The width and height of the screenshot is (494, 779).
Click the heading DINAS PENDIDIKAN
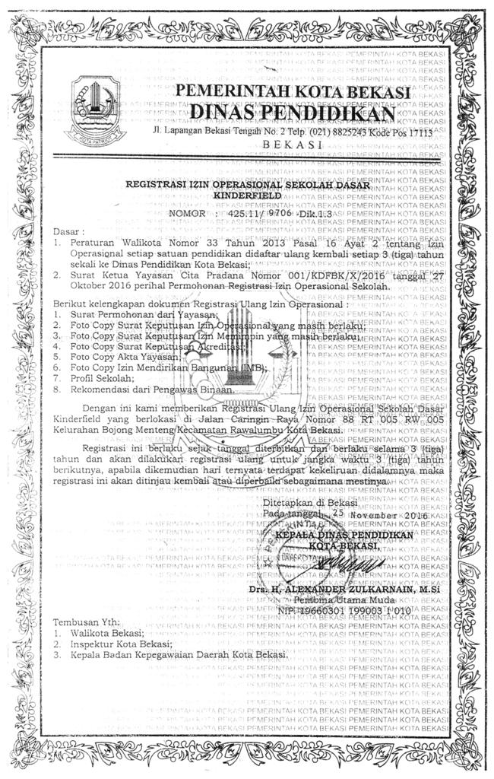293,113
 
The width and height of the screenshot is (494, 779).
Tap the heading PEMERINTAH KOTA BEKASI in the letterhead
293,92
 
